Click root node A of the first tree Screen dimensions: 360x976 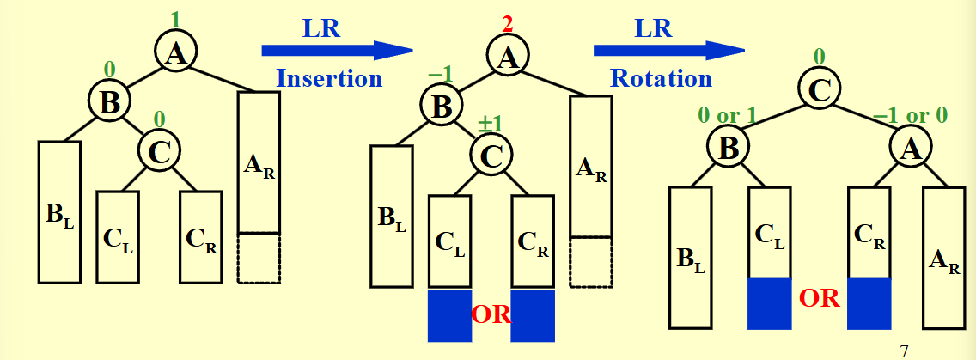[x=176, y=53]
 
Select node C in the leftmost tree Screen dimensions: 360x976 [x=161, y=151]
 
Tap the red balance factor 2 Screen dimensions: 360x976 [x=508, y=24]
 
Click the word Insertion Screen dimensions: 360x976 [x=328, y=78]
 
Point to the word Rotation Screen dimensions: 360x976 [x=661, y=78]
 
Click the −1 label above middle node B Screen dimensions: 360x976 [x=440, y=75]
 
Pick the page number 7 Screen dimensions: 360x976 [x=903, y=350]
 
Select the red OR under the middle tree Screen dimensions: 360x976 [x=491, y=313]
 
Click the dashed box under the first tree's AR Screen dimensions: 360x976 [x=259, y=258]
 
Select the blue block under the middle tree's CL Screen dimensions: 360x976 [x=449, y=315]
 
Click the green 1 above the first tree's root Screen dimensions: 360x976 [x=175, y=18]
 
